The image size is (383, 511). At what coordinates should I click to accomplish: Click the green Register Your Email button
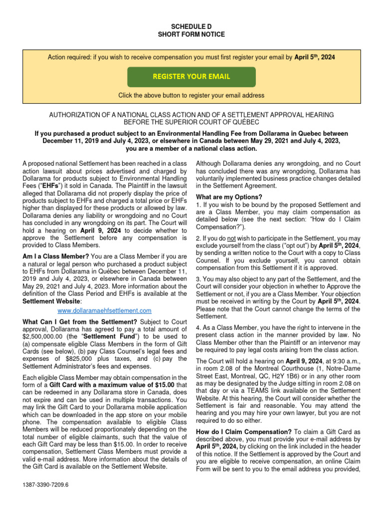tap(191, 76)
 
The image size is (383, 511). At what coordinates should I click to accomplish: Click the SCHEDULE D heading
tap(191, 25)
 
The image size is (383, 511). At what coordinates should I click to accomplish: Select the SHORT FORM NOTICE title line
tap(191, 34)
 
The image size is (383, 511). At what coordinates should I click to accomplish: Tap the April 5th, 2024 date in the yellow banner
tap(315, 58)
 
